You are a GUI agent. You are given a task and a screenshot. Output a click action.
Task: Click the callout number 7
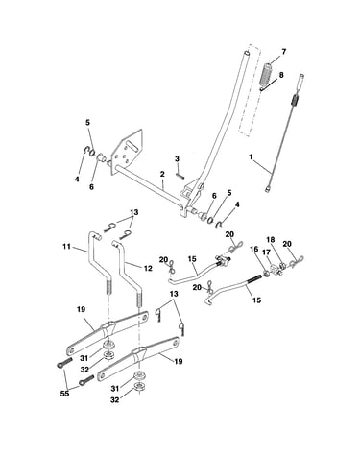283,51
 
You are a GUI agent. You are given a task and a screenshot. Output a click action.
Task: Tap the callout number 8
281,75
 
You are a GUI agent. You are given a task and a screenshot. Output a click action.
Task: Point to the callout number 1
252,157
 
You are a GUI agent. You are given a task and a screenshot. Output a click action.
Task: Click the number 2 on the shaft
162,175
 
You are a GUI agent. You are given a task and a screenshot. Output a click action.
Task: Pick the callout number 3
177,158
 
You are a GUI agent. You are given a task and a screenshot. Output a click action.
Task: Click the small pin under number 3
180,175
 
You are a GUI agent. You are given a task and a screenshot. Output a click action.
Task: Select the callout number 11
66,247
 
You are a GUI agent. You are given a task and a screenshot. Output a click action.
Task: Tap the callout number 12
148,268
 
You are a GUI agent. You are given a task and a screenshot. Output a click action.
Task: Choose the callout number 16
254,258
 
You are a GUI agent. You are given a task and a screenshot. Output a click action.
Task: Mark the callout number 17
266,252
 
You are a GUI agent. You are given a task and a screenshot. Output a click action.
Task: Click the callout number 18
271,240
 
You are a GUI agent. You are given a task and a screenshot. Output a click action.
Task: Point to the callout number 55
64,394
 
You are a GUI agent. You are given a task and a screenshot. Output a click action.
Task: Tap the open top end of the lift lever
247,52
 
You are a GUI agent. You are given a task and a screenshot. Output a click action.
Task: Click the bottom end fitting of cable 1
268,189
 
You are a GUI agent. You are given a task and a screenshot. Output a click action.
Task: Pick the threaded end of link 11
108,287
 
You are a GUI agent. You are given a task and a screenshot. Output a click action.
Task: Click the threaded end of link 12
139,300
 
